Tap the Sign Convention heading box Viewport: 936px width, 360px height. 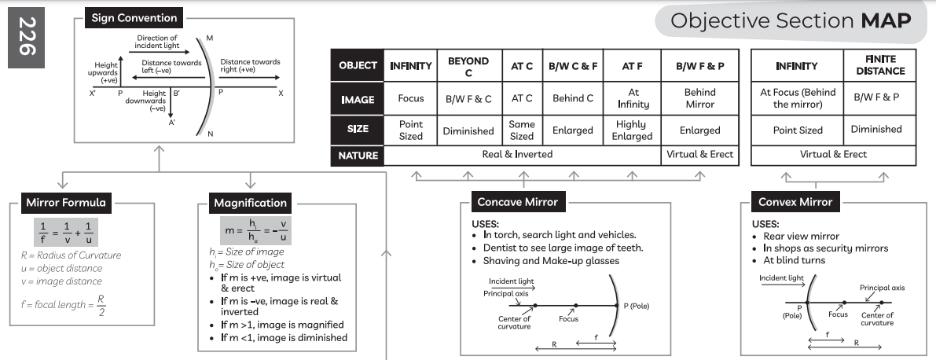click(x=134, y=17)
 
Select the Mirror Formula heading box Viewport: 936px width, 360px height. click(x=66, y=203)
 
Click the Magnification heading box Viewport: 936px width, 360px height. click(x=250, y=204)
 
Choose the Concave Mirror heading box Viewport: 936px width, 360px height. click(x=517, y=202)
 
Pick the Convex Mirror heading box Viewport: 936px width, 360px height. click(x=795, y=202)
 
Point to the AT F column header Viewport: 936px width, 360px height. click(x=633, y=66)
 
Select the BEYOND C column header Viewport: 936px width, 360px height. click(x=468, y=66)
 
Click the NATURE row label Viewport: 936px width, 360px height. click(x=358, y=155)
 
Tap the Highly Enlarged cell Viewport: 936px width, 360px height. click(x=633, y=130)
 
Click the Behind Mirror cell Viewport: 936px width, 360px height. click(x=699, y=98)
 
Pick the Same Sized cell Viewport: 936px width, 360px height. click(x=522, y=130)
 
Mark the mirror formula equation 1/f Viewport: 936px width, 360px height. click(x=66, y=233)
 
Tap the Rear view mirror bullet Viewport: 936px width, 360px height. click(x=801, y=236)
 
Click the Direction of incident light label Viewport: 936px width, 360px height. click(x=157, y=42)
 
